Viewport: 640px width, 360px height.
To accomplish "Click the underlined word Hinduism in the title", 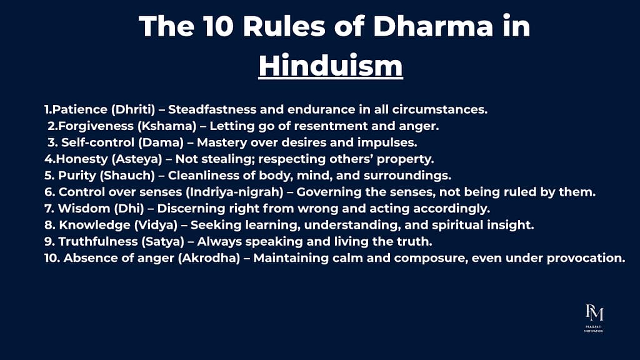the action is click(331, 66).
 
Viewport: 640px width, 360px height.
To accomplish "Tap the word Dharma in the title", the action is click(434, 26).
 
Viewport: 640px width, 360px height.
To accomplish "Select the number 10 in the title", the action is click(218, 26).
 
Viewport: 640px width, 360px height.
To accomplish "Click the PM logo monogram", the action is click(594, 312).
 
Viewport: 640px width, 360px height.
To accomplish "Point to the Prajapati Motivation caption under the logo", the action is click(594, 329).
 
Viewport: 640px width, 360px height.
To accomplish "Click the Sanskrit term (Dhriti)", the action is click(133, 109).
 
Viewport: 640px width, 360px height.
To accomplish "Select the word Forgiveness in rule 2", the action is click(96, 126).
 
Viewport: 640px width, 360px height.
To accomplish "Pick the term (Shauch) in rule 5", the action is click(127, 176).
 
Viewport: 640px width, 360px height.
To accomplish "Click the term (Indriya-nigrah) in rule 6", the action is click(234, 192).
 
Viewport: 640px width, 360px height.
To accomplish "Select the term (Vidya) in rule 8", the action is click(156, 225).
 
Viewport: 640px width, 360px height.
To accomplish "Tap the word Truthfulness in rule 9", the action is click(98, 241).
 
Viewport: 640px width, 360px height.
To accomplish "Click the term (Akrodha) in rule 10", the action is click(209, 258).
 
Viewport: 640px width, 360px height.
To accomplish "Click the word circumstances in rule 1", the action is click(440, 109).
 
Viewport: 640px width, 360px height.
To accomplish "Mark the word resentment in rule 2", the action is click(331, 126).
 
